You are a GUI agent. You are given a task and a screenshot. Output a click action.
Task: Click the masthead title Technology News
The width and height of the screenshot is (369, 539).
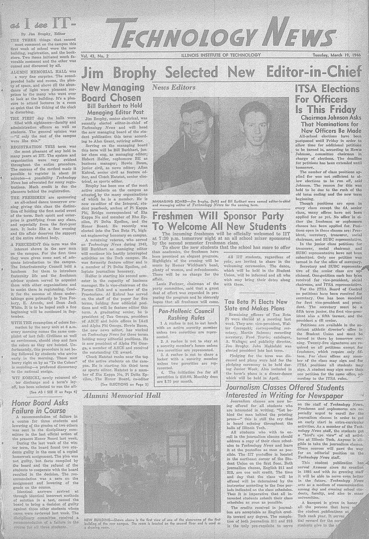click(x=222, y=33)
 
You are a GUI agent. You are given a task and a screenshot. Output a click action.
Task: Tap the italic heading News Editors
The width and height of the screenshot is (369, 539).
click(x=174, y=87)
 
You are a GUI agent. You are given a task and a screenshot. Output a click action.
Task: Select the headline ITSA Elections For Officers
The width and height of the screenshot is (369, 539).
click(x=327, y=99)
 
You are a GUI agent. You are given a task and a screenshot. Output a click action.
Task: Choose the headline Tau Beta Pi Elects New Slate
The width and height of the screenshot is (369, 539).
click(x=256, y=305)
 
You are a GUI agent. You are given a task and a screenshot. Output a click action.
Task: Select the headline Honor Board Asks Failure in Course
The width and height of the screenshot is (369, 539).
click(x=38, y=407)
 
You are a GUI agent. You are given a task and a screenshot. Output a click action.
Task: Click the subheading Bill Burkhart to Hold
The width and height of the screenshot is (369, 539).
click(x=113, y=106)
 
